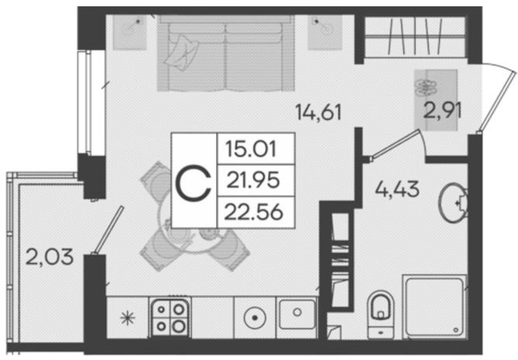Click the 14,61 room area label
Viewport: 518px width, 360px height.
pyautogui.click(x=318, y=112)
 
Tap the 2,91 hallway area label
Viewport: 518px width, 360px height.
pyautogui.click(x=442, y=110)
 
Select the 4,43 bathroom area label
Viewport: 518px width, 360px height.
pyautogui.click(x=397, y=189)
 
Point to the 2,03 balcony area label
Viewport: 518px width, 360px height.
pyautogui.click(x=49, y=257)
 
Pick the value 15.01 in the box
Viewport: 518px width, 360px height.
pyautogui.click(x=250, y=149)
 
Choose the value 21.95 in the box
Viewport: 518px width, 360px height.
pyautogui.click(x=253, y=180)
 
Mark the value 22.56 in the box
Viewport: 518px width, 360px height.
pyautogui.click(x=254, y=212)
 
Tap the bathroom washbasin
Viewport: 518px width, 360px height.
pyautogui.click(x=453, y=202)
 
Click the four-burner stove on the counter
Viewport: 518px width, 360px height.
pyautogui.click(x=170, y=317)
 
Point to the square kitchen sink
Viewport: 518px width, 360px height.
pyautogui.click(x=296, y=314)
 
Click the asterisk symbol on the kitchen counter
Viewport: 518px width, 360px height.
pyautogui.click(x=127, y=318)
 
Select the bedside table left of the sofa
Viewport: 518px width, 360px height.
pyautogui.click(x=129, y=32)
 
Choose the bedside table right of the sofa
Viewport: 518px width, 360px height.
pyautogui.click(x=325, y=32)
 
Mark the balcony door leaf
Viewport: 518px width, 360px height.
pyautogui.click(x=109, y=230)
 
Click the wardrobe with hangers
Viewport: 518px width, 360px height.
pyautogui.click(x=415, y=37)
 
